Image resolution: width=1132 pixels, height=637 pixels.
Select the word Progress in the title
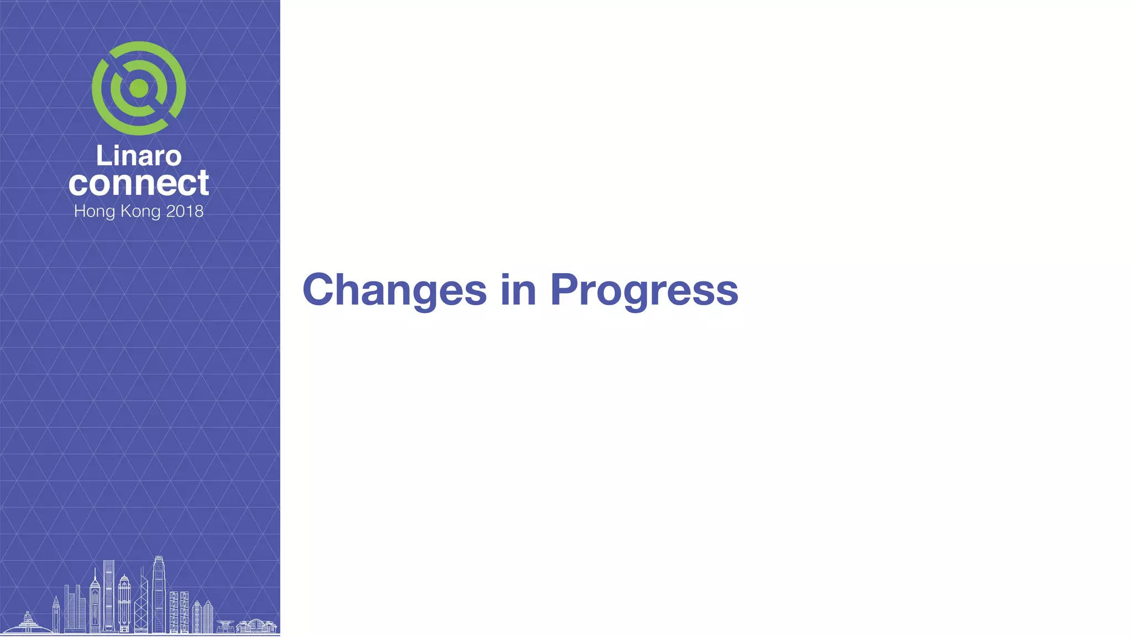[644, 290]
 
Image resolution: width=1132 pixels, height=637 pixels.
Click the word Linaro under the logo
[139, 156]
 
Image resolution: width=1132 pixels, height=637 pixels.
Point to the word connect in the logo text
[139, 183]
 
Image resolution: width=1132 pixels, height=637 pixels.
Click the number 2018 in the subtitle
[185, 211]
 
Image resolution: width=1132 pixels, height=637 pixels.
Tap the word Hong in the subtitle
[95, 211]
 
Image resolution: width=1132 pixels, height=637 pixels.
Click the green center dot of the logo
[139, 88]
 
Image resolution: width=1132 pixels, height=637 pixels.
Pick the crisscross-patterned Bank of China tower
[141, 605]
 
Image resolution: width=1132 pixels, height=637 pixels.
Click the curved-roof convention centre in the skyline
[258, 625]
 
